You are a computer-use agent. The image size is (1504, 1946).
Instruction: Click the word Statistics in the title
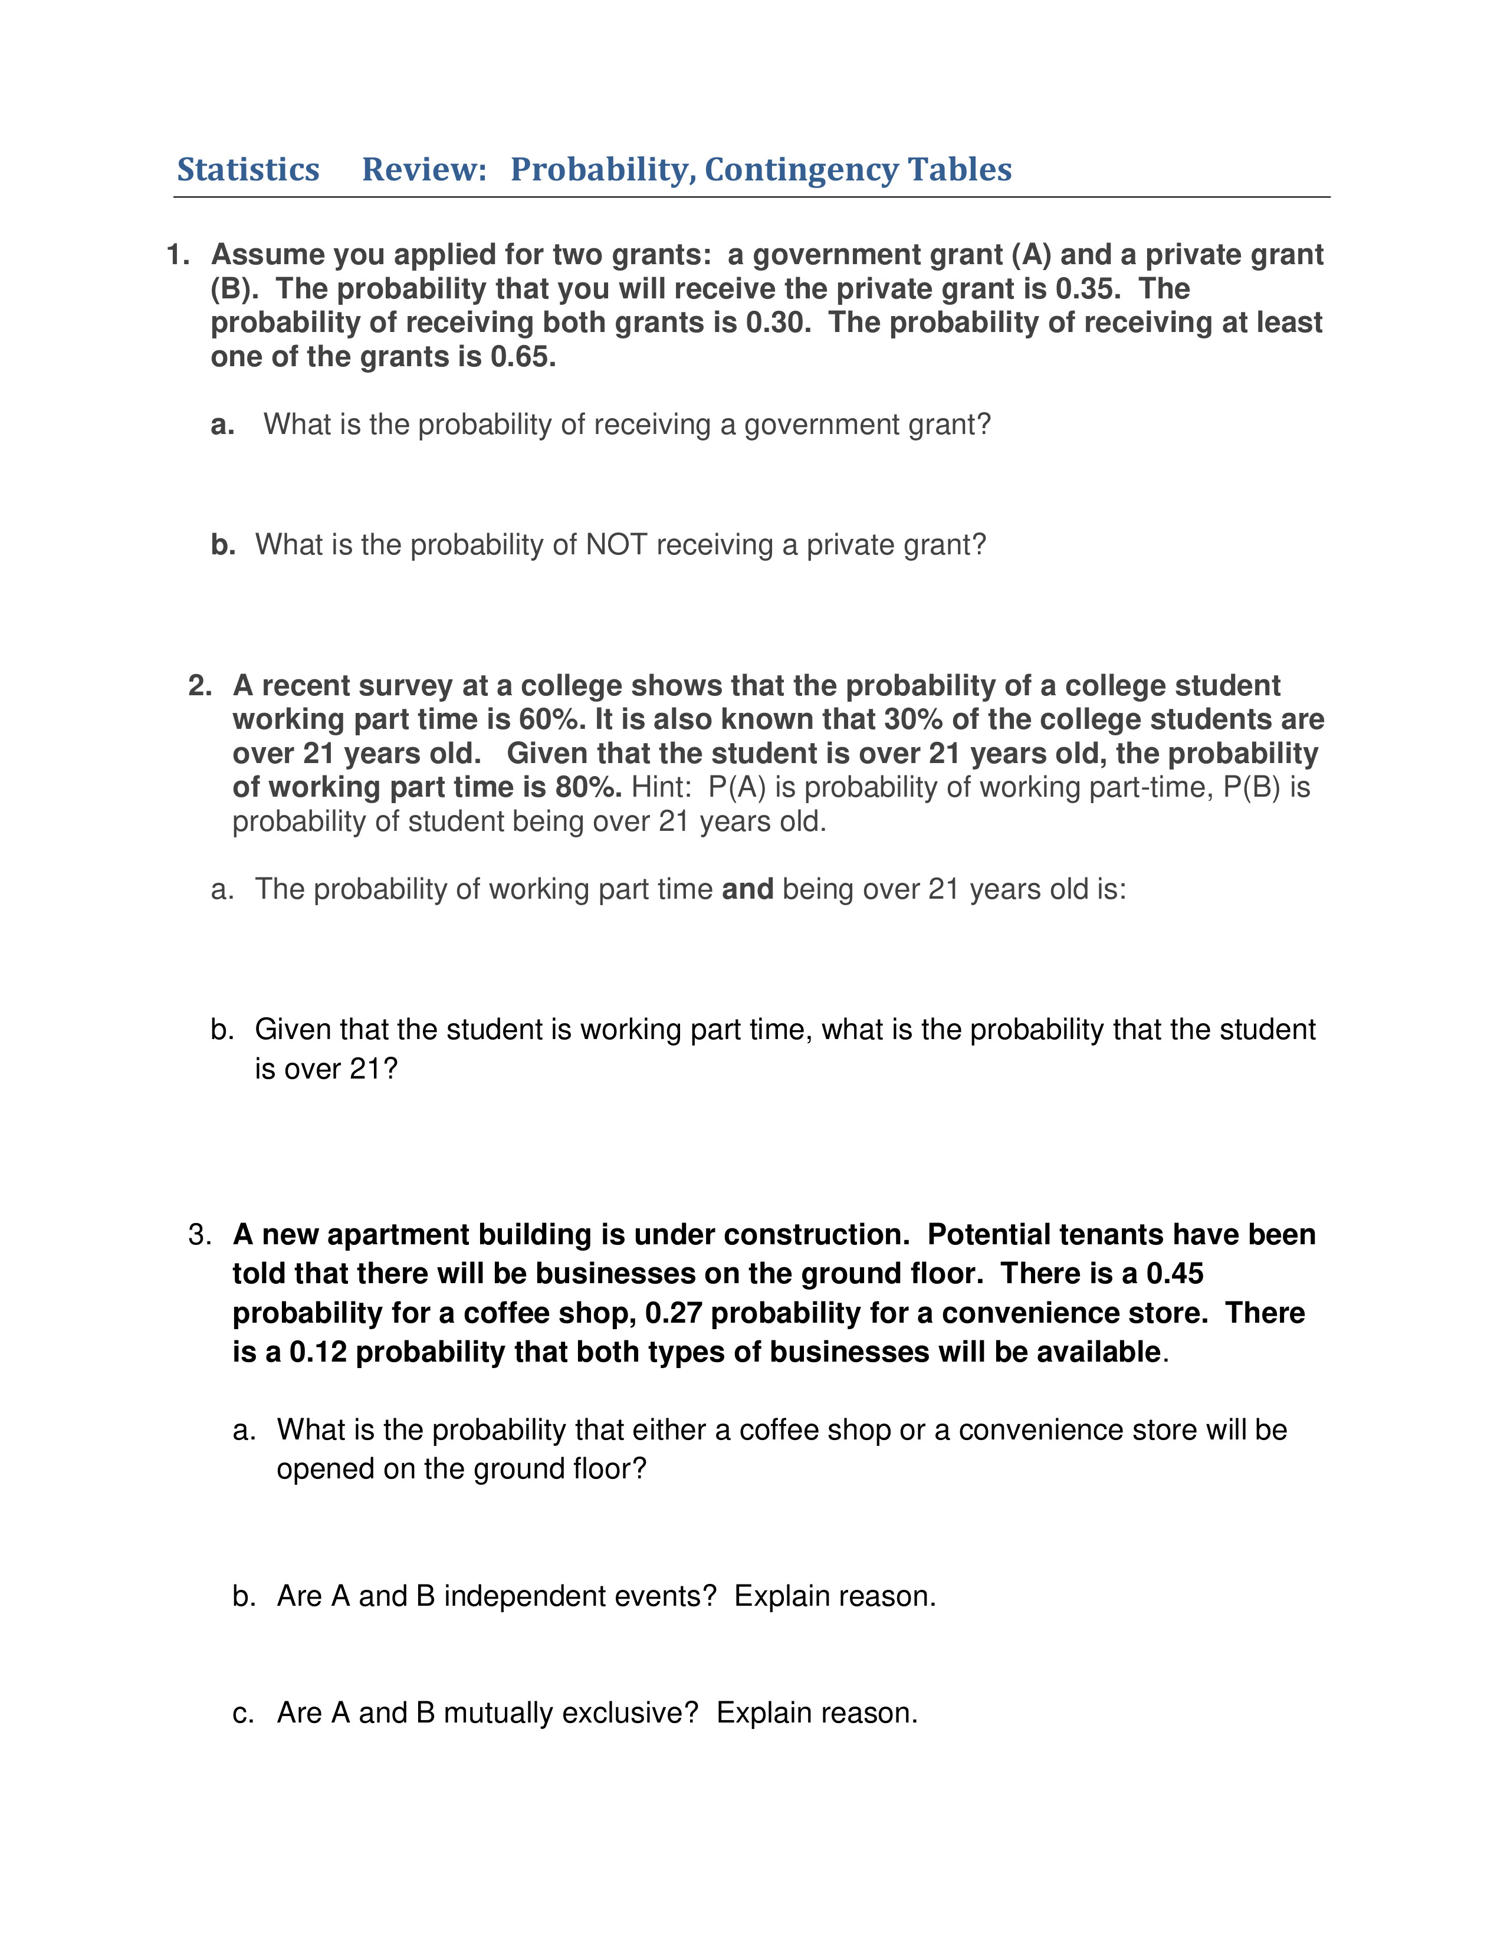(248, 169)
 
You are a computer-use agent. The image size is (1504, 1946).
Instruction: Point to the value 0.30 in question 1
(777, 323)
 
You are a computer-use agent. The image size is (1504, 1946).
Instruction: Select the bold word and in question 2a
(747, 889)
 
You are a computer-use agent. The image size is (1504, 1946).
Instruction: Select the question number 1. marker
(178, 255)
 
